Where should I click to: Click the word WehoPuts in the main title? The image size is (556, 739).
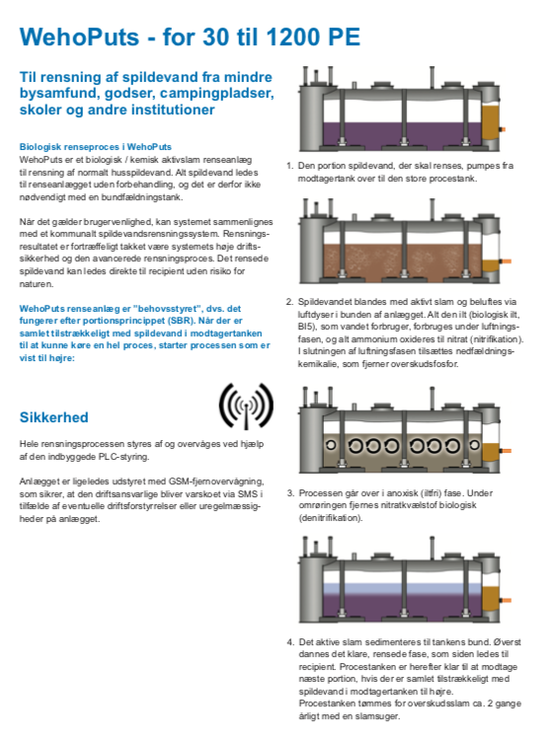(79, 37)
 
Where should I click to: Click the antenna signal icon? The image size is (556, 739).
(246, 406)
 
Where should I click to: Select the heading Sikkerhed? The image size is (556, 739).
(53, 417)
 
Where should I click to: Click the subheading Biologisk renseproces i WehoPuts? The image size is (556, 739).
(95, 147)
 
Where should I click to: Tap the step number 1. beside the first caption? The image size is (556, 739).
(290, 166)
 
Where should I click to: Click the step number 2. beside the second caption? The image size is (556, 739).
(290, 302)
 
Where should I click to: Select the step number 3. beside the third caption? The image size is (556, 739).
(290, 493)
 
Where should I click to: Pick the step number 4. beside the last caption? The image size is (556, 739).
(290, 642)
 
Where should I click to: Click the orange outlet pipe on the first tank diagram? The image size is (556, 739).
(503, 129)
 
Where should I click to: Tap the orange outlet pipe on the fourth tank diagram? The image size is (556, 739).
(506, 601)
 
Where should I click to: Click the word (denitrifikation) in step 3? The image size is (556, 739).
(331, 517)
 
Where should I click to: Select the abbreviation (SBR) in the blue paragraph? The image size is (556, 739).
(180, 321)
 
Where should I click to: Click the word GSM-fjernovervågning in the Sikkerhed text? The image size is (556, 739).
(218, 481)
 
